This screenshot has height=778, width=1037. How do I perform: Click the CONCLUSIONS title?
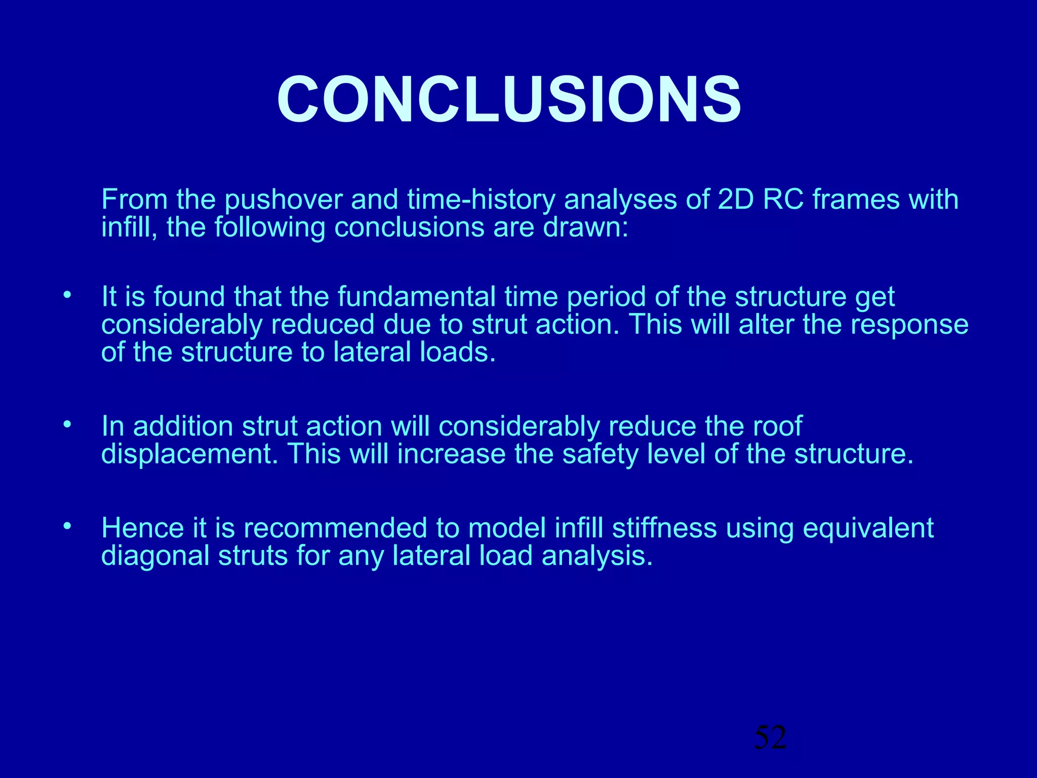(509, 99)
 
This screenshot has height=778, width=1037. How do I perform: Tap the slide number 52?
(770, 737)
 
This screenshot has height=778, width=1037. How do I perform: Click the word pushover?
(284, 200)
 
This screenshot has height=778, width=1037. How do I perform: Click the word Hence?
(142, 528)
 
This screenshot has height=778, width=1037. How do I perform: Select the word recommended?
(336, 528)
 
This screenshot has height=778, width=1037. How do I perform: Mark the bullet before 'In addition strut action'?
(67, 425)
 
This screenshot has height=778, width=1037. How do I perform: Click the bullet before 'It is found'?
(67, 295)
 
